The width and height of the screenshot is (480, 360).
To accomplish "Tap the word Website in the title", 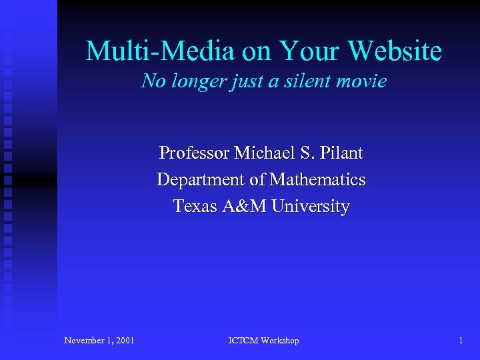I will (x=395, y=51).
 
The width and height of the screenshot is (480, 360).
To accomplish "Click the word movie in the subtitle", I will (x=364, y=81).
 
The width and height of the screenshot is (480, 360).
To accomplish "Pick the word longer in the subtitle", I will (x=198, y=81).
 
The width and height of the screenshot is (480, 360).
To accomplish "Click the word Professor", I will (x=194, y=153).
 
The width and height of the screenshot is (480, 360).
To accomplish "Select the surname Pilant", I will (x=341, y=153).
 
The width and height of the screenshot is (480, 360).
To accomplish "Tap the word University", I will (x=310, y=207).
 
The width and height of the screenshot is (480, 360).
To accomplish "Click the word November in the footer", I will (x=85, y=341).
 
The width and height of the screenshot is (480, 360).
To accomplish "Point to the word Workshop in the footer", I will (x=281, y=341).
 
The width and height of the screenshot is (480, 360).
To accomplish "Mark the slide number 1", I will (x=461, y=341).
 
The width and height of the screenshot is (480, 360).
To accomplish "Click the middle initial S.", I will (x=305, y=153).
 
